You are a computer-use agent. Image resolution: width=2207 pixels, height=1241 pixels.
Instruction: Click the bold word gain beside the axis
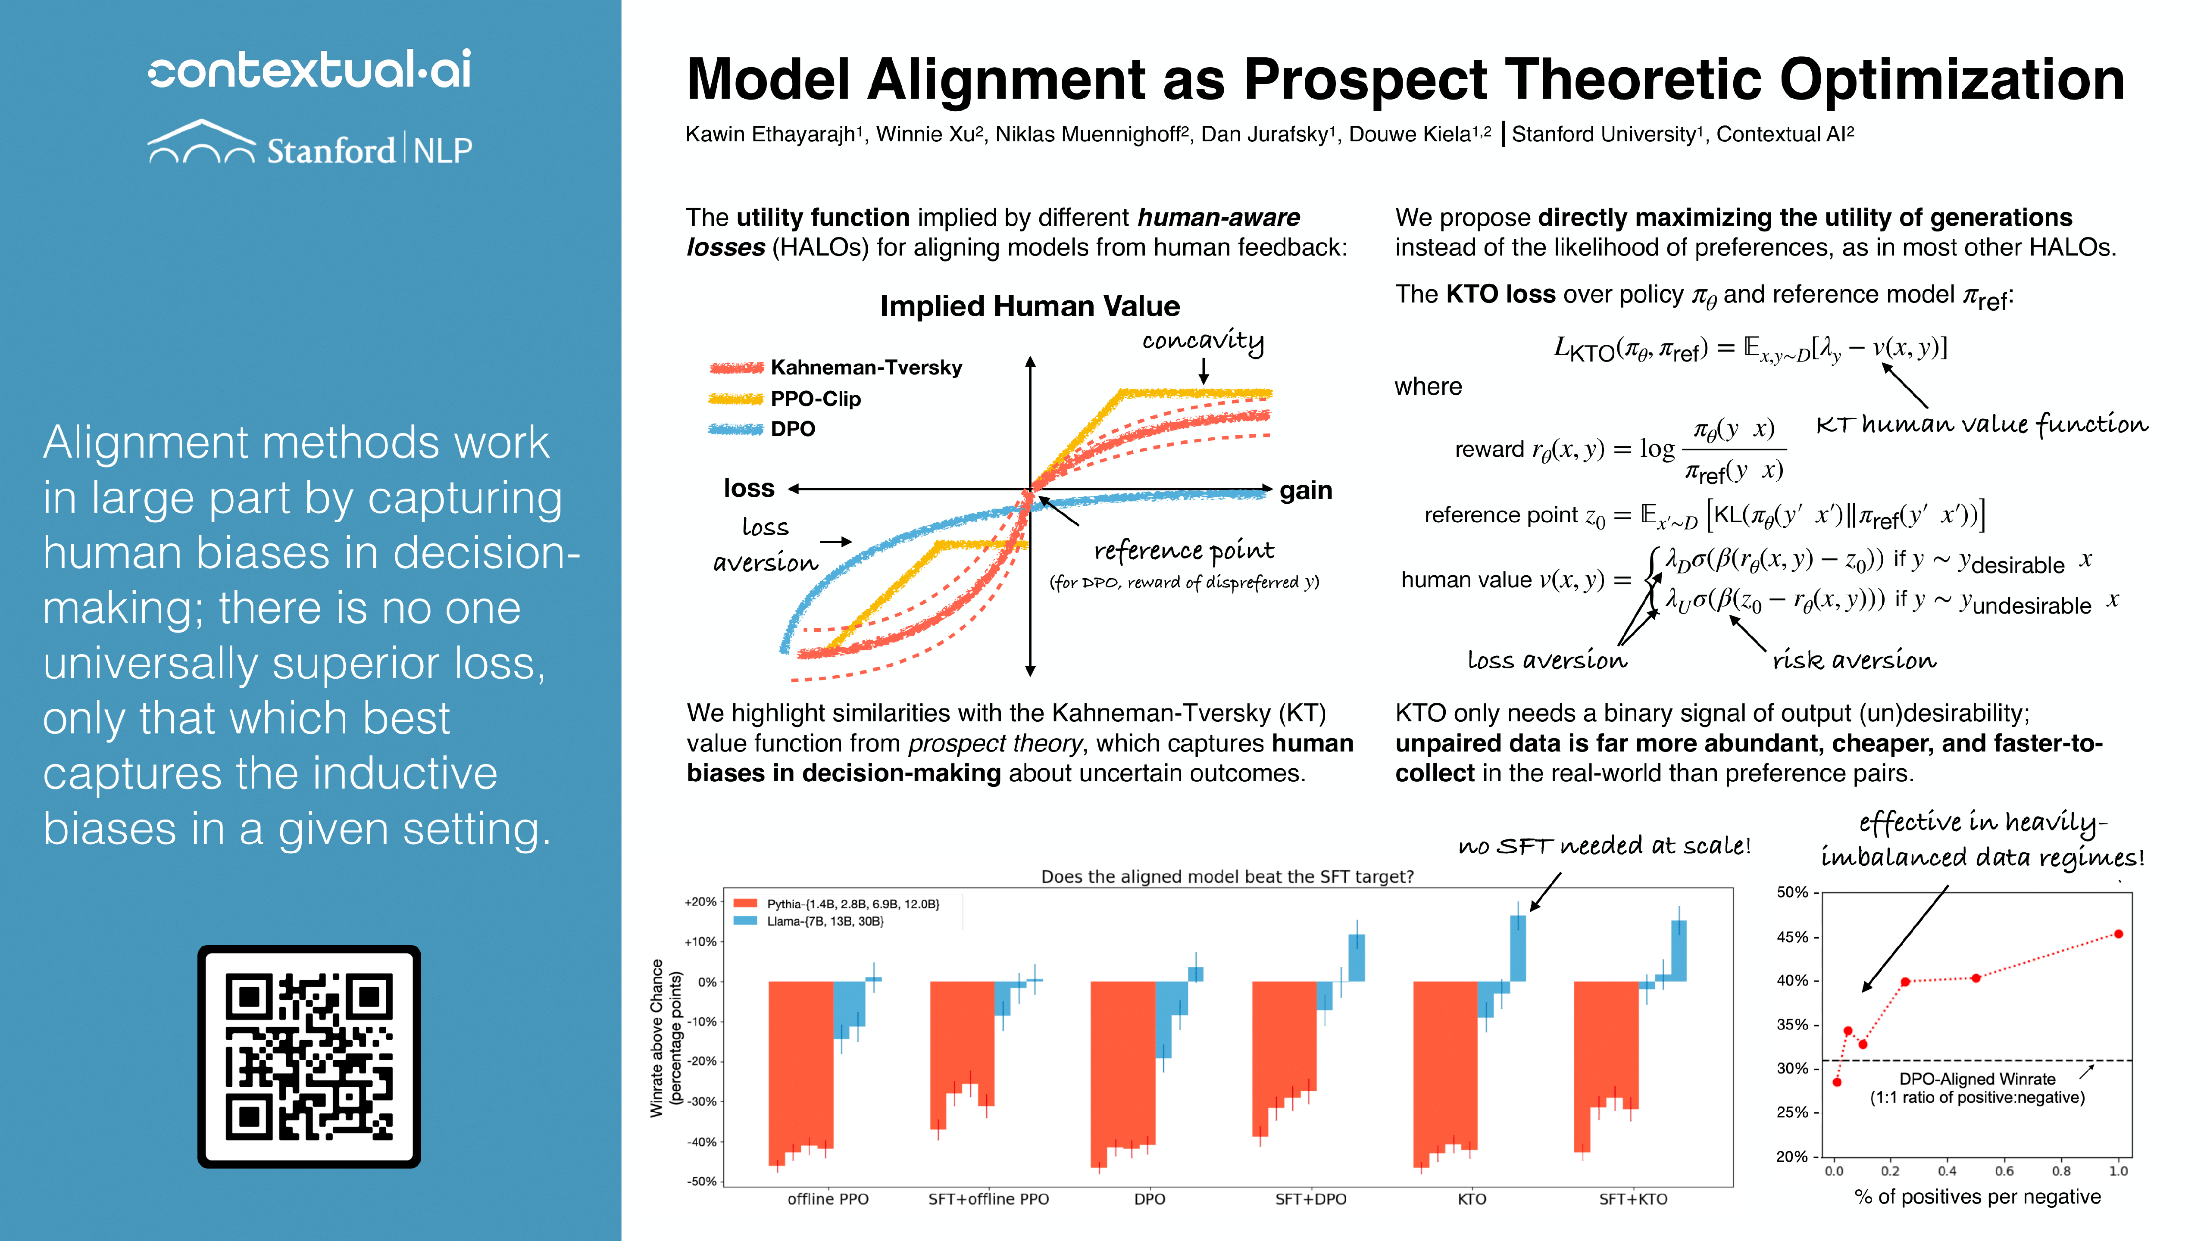click(x=1306, y=491)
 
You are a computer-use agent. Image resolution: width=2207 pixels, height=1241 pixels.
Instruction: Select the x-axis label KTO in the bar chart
click(x=1471, y=1199)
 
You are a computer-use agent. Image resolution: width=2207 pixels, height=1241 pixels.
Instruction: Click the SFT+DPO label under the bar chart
click(x=1310, y=1199)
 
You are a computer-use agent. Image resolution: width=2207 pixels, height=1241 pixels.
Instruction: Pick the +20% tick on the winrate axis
click(x=700, y=902)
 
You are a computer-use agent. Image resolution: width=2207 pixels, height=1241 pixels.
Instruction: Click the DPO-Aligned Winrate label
click(x=1976, y=1079)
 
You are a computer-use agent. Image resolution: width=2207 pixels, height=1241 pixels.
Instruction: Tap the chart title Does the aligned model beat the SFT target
click(x=1227, y=876)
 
